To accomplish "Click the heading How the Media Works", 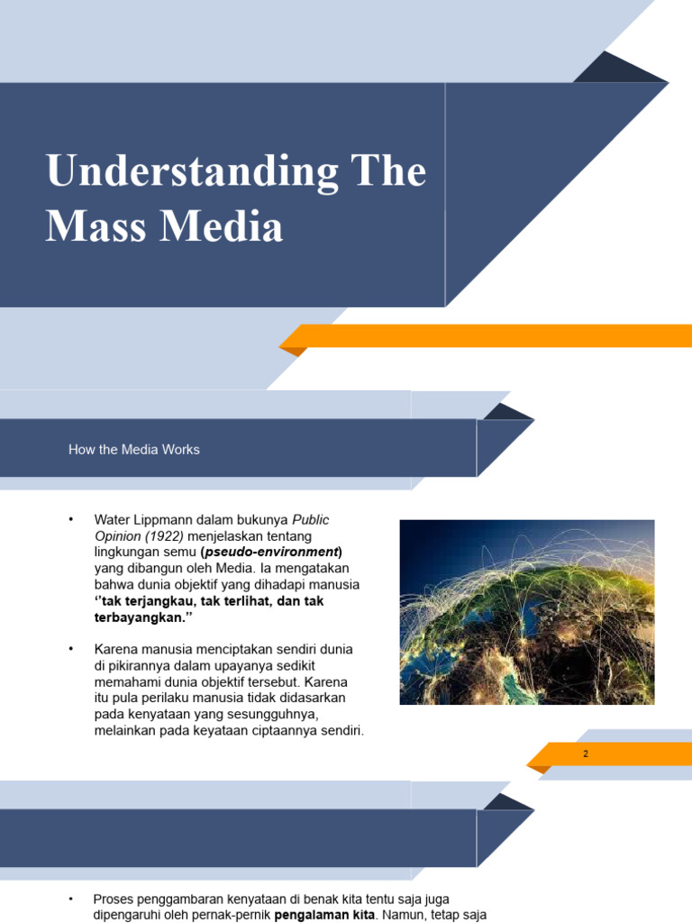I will tap(134, 450).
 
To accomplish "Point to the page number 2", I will tap(586, 754).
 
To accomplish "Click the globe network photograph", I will tap(527, 612).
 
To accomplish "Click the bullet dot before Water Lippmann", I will tap(70, 520).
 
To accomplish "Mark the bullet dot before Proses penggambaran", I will tap(70, 900).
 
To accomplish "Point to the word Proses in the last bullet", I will tap(114, 900).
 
